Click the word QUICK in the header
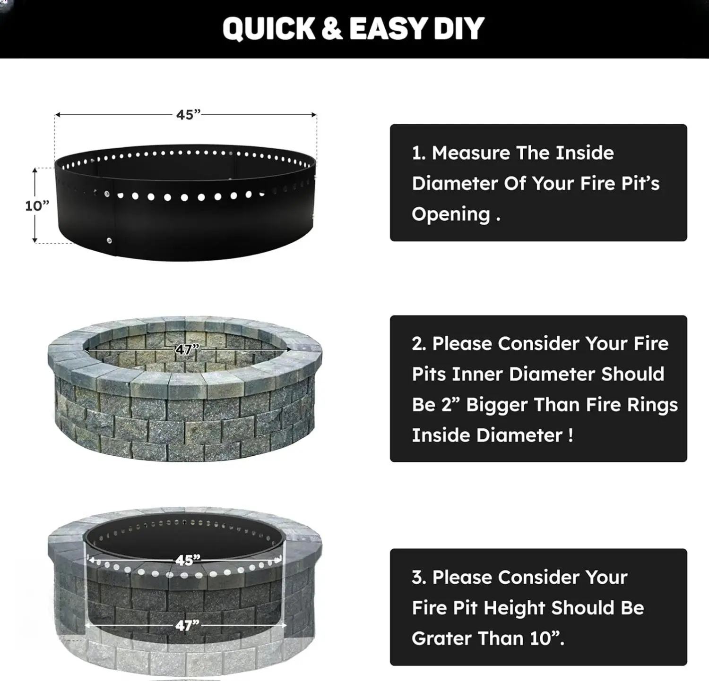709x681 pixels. coord(268,29)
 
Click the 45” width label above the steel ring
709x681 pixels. coord(189,115)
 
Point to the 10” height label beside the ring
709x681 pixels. coord(37,206)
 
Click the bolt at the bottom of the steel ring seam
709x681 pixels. coord(109,241)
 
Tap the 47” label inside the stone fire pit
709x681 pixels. coord(188,349)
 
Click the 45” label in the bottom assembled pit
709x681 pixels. coord(188,560)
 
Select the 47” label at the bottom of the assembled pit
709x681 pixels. coord(188,625)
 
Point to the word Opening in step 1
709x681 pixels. coord(451,214)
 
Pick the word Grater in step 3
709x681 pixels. coord(442,638)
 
